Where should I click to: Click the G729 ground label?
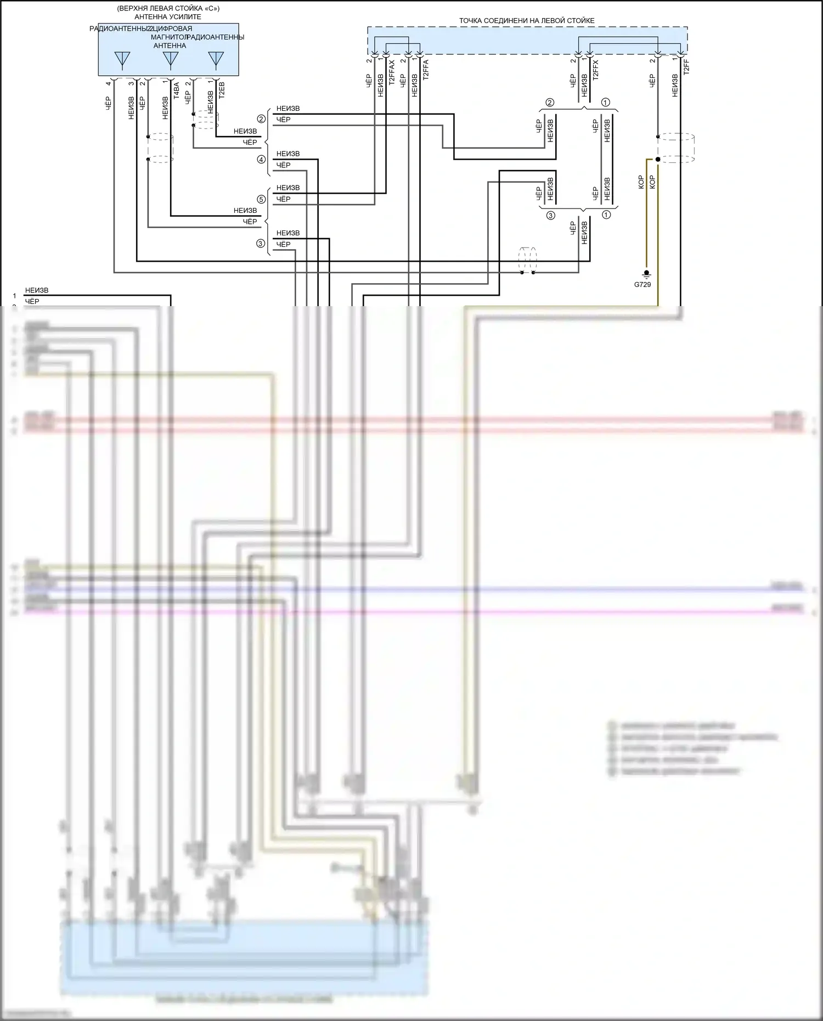coord(642,285)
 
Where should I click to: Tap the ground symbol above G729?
coord(646,274)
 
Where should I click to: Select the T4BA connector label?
coord(176,90)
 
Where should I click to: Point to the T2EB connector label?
coord(222,90)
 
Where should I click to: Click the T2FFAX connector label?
coord(392,72)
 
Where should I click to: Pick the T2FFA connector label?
coord(426,71)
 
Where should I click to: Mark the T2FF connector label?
coord(686,67)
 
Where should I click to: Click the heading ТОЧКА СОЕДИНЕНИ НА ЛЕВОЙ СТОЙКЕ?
coord(527,21)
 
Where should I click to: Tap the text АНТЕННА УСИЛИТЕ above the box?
coord(168,17)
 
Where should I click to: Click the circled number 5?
coord(261,199)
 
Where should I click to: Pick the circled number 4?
coord(261,160)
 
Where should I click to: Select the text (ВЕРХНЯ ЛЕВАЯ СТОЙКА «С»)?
coord(168,9)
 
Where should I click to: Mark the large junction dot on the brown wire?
coord(658,160)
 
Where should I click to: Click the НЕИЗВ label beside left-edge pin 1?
coord(37,291)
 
